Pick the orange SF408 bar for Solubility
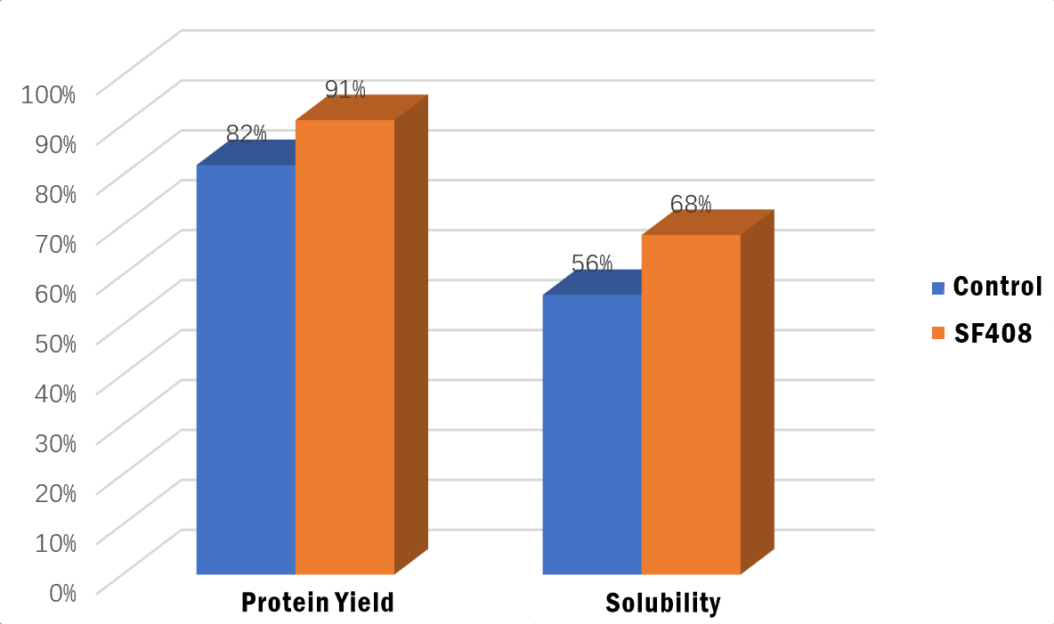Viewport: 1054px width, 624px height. pos(691,404)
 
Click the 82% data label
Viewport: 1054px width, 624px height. pos(246,134)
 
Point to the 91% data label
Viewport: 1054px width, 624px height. pos(345,89)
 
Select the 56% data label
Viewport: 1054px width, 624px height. pos(592,263)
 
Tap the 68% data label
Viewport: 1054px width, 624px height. pos(691,204)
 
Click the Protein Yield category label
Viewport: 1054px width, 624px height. pos(318,603)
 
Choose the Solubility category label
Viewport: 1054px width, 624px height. pos(663,603)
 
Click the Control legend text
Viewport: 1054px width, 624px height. pos(997,287)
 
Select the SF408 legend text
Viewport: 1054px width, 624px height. pos(993,333)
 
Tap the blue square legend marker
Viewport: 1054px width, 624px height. pos(937,288)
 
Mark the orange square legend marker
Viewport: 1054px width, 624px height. pos(937,333)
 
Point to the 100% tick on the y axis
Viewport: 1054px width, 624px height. pos(49,93)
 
